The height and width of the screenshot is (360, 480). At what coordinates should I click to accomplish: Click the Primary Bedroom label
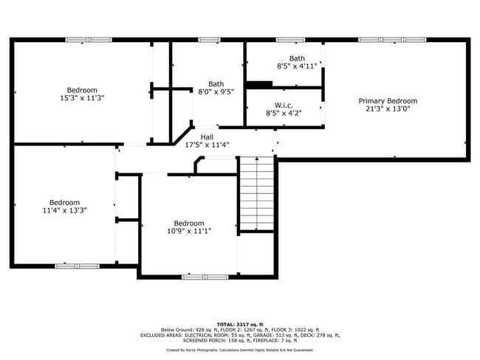pyautogui.click(x=388, y=101)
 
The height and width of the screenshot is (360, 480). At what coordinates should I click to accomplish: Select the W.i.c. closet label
pyautogui.click(x=284, y=105)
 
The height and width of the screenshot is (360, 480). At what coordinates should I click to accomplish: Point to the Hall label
pyautogui.click(x=207, y=136)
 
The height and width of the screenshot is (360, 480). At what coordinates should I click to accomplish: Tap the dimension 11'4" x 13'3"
pyautogui.click(x=64, y=210)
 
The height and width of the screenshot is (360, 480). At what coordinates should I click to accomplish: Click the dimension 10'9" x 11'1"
pyautogui.click(x=188, y=232)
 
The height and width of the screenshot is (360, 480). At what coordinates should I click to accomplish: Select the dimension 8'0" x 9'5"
pyautogui.click(x=216, y=92)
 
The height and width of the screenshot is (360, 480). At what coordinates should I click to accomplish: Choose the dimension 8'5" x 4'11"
pyautogui.click(x=297, y=66)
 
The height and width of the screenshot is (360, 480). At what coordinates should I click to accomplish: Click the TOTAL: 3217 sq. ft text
pyautogui.click(x=240, y=324)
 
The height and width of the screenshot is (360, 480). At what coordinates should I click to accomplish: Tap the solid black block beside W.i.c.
pyautogui.click(x=259, y=85)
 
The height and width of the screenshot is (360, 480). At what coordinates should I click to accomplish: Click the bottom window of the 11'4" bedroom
pyautogui.click(x=77, y=265)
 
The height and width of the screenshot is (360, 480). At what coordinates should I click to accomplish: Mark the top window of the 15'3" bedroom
pyautogui.click(x=89, y=39)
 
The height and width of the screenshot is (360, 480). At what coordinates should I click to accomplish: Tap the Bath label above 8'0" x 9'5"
pyautogui.click(x=216, y=83)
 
